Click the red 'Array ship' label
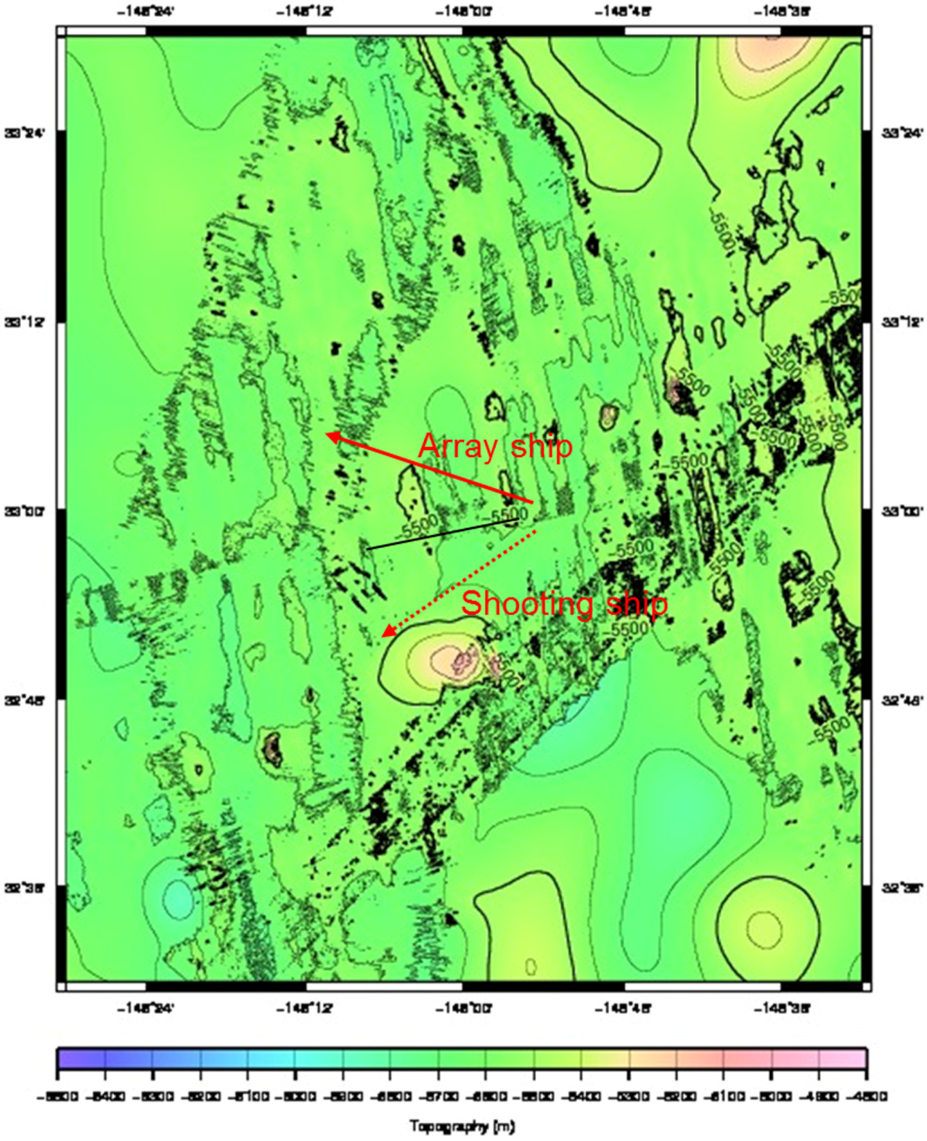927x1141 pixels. click(495, 446)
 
